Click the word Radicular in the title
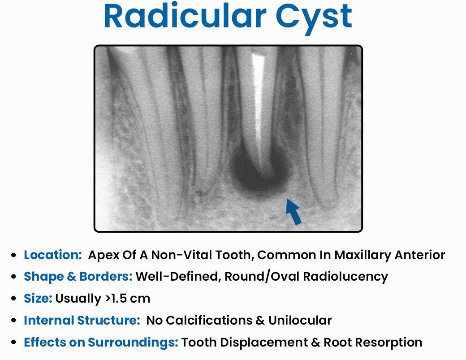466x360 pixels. point(185,16)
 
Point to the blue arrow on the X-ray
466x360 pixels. point(293,211)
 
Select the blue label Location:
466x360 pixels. point(53,255)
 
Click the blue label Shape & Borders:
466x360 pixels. point(78,277)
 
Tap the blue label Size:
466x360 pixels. point(38,298)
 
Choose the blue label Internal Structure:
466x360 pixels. point(82,320)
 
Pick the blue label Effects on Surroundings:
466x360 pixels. point(101,342)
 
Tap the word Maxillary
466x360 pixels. point(362,256)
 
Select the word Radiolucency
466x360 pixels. point(345,277)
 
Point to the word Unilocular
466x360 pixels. point(300,320)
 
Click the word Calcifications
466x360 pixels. point(209,320)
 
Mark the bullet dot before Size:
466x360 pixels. point(13,299)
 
